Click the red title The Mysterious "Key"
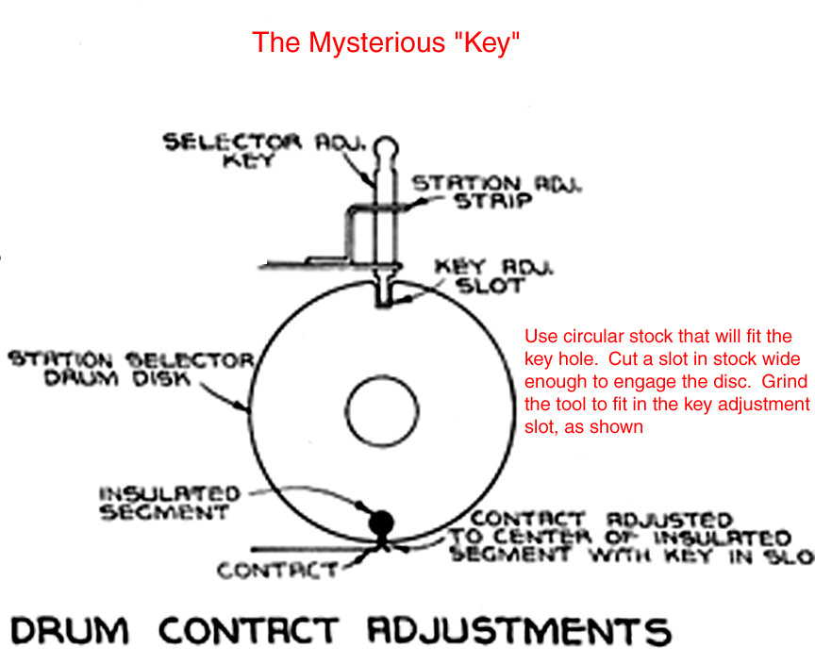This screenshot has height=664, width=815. click(386, 43)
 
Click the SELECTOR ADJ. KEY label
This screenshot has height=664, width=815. click(244, 151)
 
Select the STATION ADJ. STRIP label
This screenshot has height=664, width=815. click(496, 193)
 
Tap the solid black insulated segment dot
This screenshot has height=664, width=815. click(381, 522)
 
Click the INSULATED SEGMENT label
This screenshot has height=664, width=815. click(169, 504)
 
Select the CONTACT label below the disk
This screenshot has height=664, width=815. click(277, 571)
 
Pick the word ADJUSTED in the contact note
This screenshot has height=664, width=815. click(671, 520)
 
